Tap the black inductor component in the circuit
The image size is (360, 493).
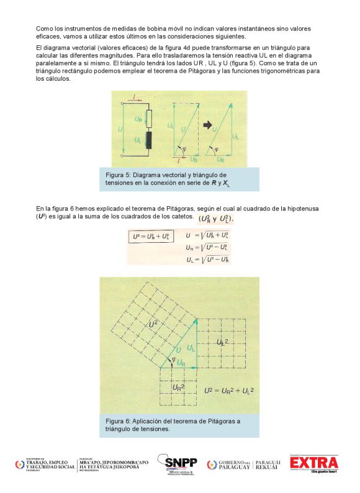pyautogui.click(x=148, y=139)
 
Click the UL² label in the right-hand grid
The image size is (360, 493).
pyautogui.click(x=222, y=342)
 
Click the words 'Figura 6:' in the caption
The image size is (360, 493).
pyautogui.click(x=119, y=421)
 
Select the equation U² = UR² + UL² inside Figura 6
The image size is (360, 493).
pyautogui.click(x=230, y=391)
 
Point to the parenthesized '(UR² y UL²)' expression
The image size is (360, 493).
pyautogui.click(x=217, y=220)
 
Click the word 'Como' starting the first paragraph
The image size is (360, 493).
pyautogui.click(x=43, y=29)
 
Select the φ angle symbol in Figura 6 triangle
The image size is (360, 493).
pyautogui.click(x=165, y=358)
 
